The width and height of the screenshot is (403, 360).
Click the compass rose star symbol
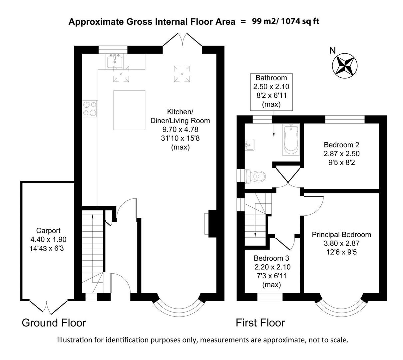coord(345,65)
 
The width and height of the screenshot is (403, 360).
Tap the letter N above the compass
coord(332,50)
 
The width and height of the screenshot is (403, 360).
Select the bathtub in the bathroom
coord(291,140)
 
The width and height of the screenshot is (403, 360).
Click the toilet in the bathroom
coord(255,176)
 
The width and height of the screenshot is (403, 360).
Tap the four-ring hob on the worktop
coord(90,109)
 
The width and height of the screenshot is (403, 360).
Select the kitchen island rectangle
coord(130,110)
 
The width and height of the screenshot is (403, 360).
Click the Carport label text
coord(48,231)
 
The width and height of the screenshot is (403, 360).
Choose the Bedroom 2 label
coord(341,145)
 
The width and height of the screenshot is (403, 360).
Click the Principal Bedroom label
coord(341,235)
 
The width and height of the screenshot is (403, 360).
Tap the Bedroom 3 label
coord(271,258)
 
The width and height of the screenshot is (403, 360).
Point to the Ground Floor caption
coord(54,323)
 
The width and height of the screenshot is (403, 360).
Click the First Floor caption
coord(260,323)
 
